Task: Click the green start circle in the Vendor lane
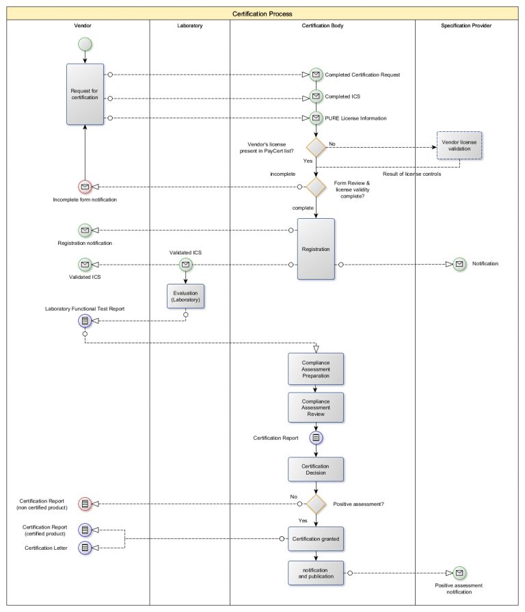[x=85, y=44]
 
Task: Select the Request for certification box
[x=85, y=94]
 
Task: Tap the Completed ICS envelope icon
[x=316, y=96]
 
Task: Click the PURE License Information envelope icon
[x=316, y=118]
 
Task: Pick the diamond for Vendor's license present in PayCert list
[x=316, y=147]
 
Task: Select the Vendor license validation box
[x=459, y=145]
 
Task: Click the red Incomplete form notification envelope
[x=85, y=187]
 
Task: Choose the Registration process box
[x=316, y=249]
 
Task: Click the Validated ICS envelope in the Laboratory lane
[x=185, y=264]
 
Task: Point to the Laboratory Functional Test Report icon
[x=85, y=320]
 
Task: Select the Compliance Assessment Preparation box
[x=316, y=369]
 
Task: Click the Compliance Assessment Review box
[x=316, y=407]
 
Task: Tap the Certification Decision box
[x=316, y=470]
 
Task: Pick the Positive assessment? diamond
[x=316, y=504]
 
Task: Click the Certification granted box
[x=316, y=539]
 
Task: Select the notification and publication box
[x=316, y=572]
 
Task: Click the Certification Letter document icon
[x=85, y=548]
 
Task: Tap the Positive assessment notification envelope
[x=459, y=572]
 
